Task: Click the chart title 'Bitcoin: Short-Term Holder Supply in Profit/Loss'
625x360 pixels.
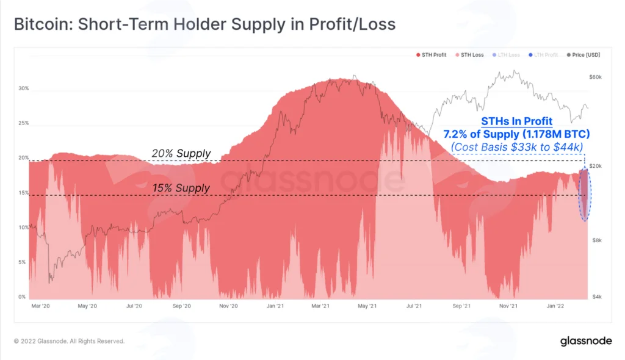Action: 205,24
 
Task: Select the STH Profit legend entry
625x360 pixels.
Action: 432,55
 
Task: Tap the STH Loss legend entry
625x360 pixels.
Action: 469,55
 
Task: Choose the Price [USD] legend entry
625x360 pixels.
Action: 583,55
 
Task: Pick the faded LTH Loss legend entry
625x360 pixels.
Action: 506,55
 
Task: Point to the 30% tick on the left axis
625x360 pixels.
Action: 24,88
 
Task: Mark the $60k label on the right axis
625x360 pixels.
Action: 595,77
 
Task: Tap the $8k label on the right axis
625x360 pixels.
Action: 597,240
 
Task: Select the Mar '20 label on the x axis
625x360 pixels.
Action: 41,306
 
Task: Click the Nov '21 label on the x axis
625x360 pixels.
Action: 508,306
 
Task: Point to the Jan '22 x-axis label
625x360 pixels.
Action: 555,306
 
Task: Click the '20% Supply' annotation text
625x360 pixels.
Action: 181,154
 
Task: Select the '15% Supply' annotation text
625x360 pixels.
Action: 181,188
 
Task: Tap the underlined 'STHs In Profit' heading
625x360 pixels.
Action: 516,121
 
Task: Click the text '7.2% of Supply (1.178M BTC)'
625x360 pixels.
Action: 516,134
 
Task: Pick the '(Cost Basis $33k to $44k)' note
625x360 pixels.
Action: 516,147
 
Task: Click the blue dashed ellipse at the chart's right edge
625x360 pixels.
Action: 579,195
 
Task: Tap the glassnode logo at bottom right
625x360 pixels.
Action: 586,341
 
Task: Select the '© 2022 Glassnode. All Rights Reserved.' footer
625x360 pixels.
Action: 70,341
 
